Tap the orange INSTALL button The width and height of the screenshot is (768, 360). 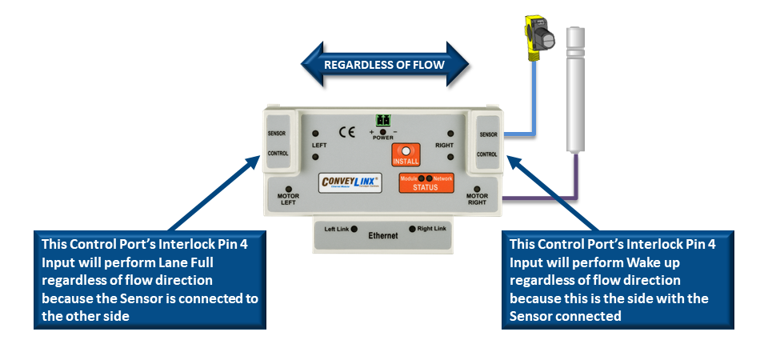pos(406,155)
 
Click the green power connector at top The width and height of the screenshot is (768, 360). pos(382,121)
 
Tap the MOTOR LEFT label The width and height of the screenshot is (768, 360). pos(288,199)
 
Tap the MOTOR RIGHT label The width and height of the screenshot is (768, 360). pos(477,199)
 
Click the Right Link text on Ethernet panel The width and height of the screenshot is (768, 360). pos(432,230)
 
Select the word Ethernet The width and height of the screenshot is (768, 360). pos(383,237)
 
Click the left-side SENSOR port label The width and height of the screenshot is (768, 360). pos(278,133)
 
